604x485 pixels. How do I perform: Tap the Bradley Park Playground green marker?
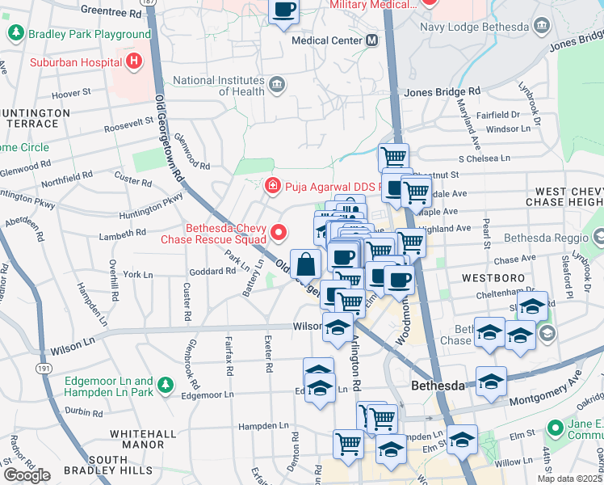(x=15, y=34)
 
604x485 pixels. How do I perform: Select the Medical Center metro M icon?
(x=371, y=40)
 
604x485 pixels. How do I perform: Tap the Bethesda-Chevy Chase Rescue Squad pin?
(x=279, y=233)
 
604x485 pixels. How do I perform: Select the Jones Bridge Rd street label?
(x=443, y=92)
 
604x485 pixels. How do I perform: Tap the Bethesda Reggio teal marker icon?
(x=598, y=238)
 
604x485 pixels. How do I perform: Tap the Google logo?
(x=26, y=474)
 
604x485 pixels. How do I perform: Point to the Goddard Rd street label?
(x=213, y=272)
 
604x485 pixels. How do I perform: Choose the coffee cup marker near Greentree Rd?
(x=283, y=11)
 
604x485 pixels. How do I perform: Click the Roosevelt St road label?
(x=128, y=124)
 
